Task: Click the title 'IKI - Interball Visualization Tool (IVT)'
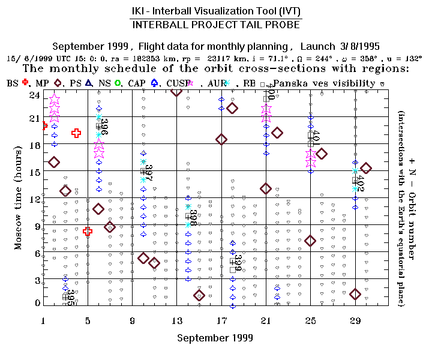tap(215, 11)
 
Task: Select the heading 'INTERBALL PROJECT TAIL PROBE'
tap(215, 25)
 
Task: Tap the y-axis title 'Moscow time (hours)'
tap(19, 199)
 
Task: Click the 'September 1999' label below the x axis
tap(215, 338)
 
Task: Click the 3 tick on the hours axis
tap(37, 280)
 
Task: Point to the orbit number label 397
tap(149, 173)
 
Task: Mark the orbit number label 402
tap(360, 183)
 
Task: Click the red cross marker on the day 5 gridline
tap(88, 231)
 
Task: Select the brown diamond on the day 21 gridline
tap(266, 188)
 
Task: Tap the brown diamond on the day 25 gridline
tap(310, 241)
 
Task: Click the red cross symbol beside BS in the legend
tap(25, 83)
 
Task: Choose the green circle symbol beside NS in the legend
tap(118, 83)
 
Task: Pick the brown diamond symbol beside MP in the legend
tap(58, 83)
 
